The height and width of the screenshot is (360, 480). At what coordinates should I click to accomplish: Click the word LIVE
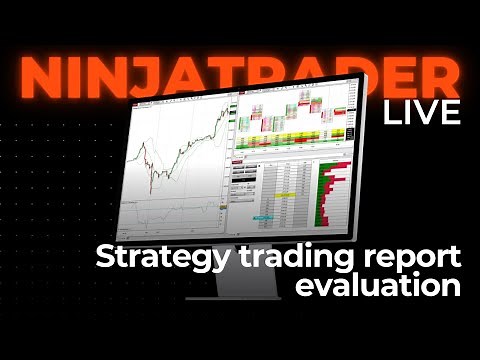[x=421, y=111]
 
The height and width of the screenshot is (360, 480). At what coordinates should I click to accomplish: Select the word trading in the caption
[x=269, y=257]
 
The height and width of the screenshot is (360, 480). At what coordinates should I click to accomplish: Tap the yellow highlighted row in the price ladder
[x=283, y=194]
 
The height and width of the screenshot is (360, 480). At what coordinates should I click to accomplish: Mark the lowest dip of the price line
[x=151, y=190]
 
